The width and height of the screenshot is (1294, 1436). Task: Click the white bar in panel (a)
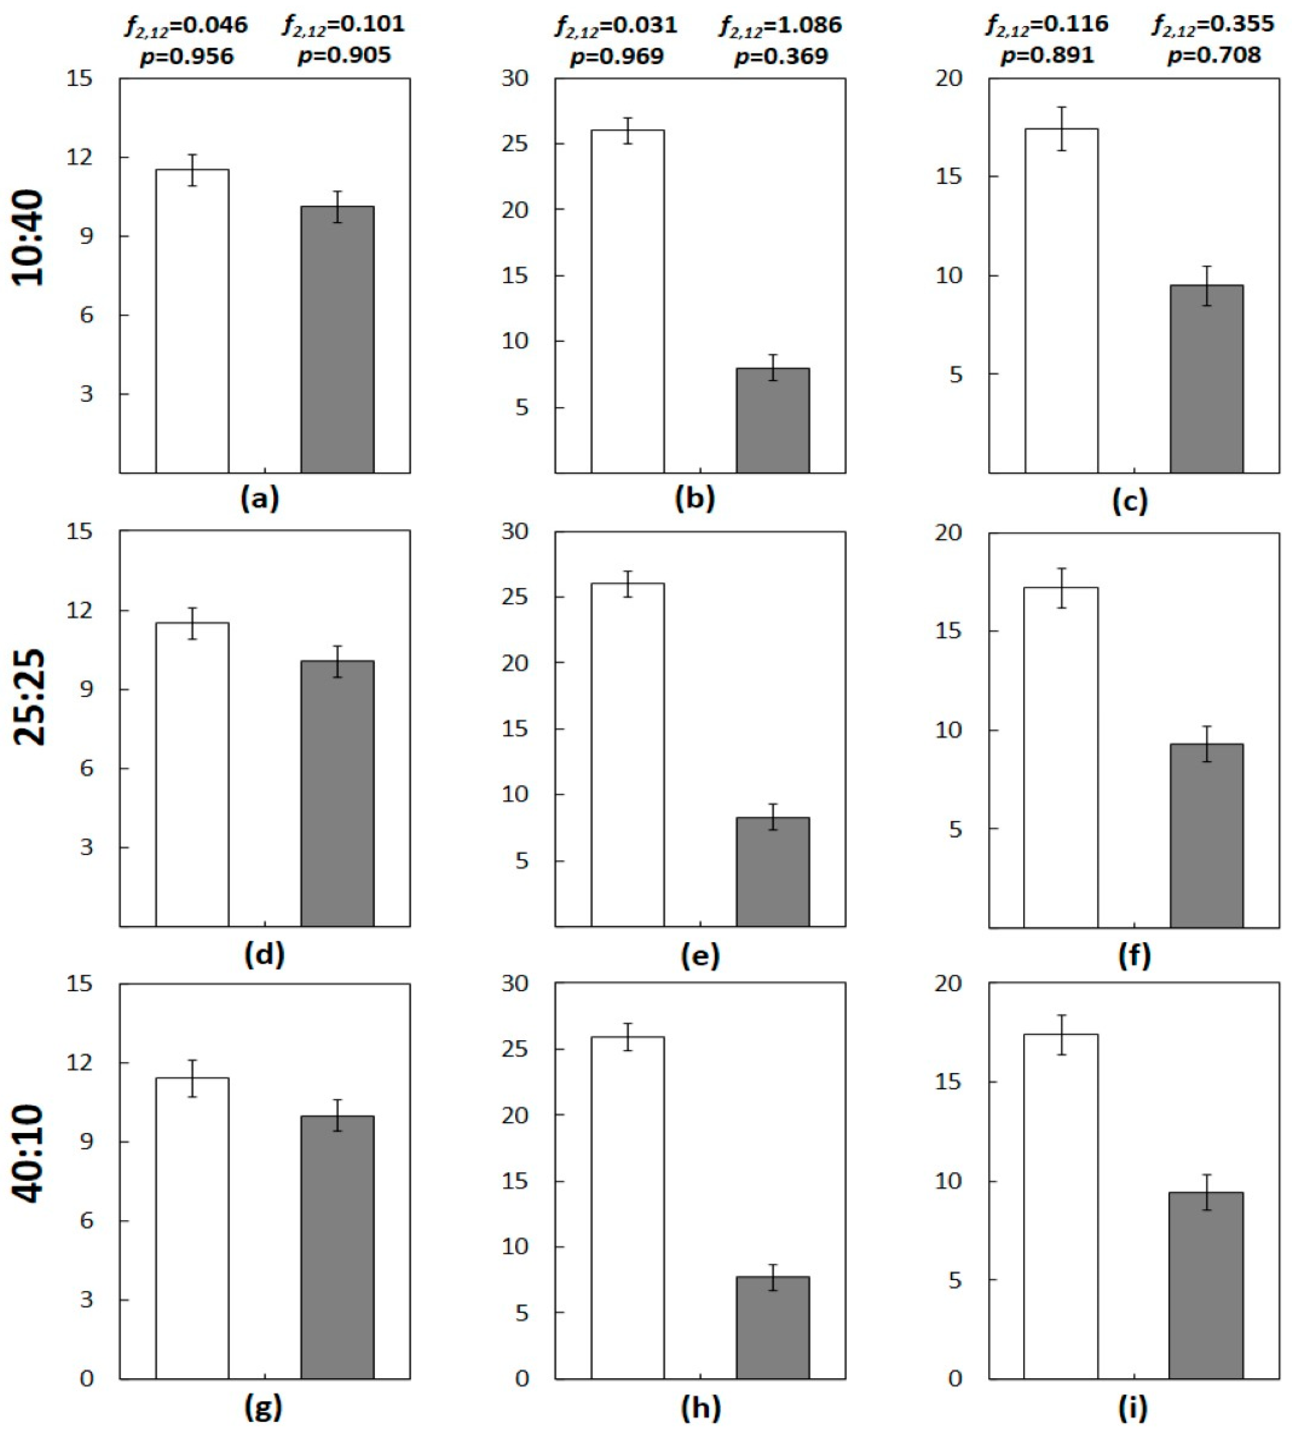click(x=192, y=320)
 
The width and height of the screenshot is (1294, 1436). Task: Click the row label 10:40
click(x=30, y=238)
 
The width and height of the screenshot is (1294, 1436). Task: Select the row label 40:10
click(x=30, y=1154)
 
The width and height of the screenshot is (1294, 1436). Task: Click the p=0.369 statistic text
click(x=781, y=56)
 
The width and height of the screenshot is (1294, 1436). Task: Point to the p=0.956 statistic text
click(x=186, y=56)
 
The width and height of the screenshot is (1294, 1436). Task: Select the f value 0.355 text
click(x=1213, y=25)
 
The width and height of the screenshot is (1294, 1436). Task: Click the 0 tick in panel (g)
click(x=86, y=1379)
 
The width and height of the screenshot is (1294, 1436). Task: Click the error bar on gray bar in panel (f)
click(x=1207, y=743)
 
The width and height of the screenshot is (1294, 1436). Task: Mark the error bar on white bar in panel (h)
click(x=628, y=1037)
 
